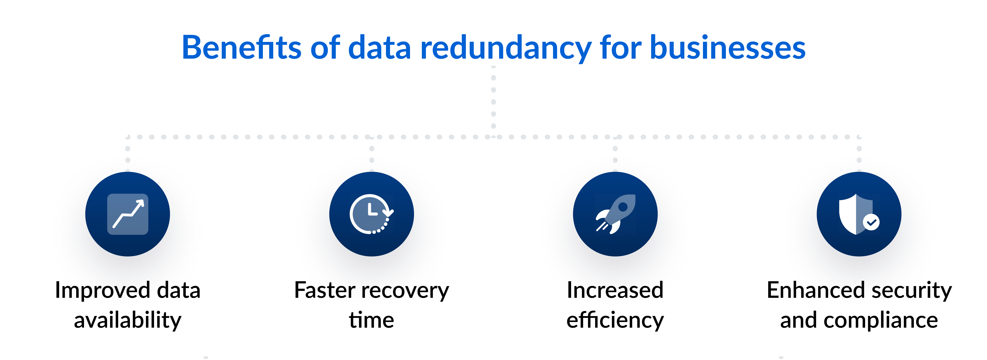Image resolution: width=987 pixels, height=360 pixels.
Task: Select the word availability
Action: pyautogui.click(x=128, y=320)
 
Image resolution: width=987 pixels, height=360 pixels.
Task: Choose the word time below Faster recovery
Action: pyautogui.click(x=371, y=320)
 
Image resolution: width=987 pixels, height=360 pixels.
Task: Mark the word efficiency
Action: pyautogui.click(x=615, y=320)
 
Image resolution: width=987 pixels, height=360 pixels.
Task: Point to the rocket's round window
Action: pyautogui.click(x=623, y=207)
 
